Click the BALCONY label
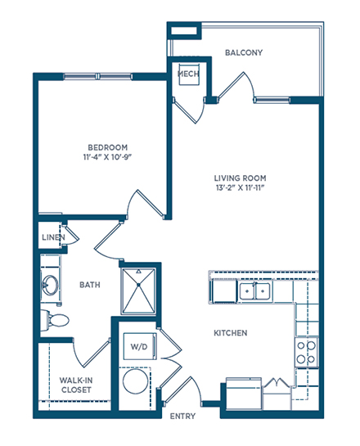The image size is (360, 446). pyautogui.click(x=244, y=52)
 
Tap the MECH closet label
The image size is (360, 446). pyautogui.click(x=188, y=74)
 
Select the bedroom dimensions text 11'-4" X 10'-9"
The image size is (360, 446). pyautogui.click(x=108, y=157)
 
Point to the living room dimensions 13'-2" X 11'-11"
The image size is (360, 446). pyautogui.click(x=241, y=187)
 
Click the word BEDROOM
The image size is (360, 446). pyautogui.click(x=108, y=147)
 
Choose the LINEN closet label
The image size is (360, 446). pyautogui.click(x=53, y=237)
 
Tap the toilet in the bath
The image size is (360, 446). pyautogui.click(x=55, y=320)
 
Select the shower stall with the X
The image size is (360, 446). pyautogui.click(x=138, y=291)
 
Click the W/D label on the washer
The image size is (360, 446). pyautogui.click(x=139, y=347)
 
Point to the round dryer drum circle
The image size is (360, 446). pyautogui.click(x=135, y=381)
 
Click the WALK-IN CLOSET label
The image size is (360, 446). pyautogui.click(x=76, y=385)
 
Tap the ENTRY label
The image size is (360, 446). pyautogui.click(x=182, y=417)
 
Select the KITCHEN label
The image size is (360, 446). pyautogui.click(x=231, y=333)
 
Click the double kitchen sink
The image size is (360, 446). pyautogui.click(x=254, y=291)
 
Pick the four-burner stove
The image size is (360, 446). pyautogui.click(x=306, y=353)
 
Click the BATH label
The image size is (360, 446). pyautogui.click(x=90, y=285)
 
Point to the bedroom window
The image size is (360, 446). pyautogui.click(x=97, y=76)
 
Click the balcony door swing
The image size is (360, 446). pyautogui.click(x=236, y=85)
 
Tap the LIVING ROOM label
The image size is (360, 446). pyautogui.click(x=241, y=178)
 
